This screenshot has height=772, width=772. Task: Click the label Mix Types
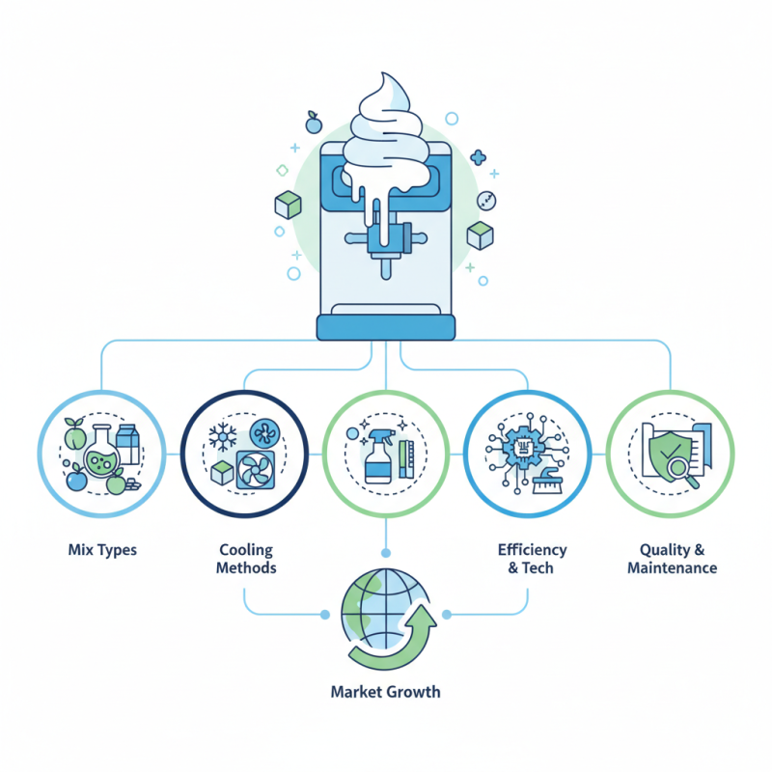tap(103, 550)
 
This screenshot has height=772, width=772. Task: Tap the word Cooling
tap(247, 550)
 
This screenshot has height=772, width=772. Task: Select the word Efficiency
tap(532, 550)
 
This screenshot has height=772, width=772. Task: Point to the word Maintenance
tap(672, 568)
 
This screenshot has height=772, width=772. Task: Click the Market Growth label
tap(385, 692)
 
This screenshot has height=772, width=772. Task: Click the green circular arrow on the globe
tap(392, 641)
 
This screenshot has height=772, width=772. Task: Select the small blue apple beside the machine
tap(313, 123)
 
